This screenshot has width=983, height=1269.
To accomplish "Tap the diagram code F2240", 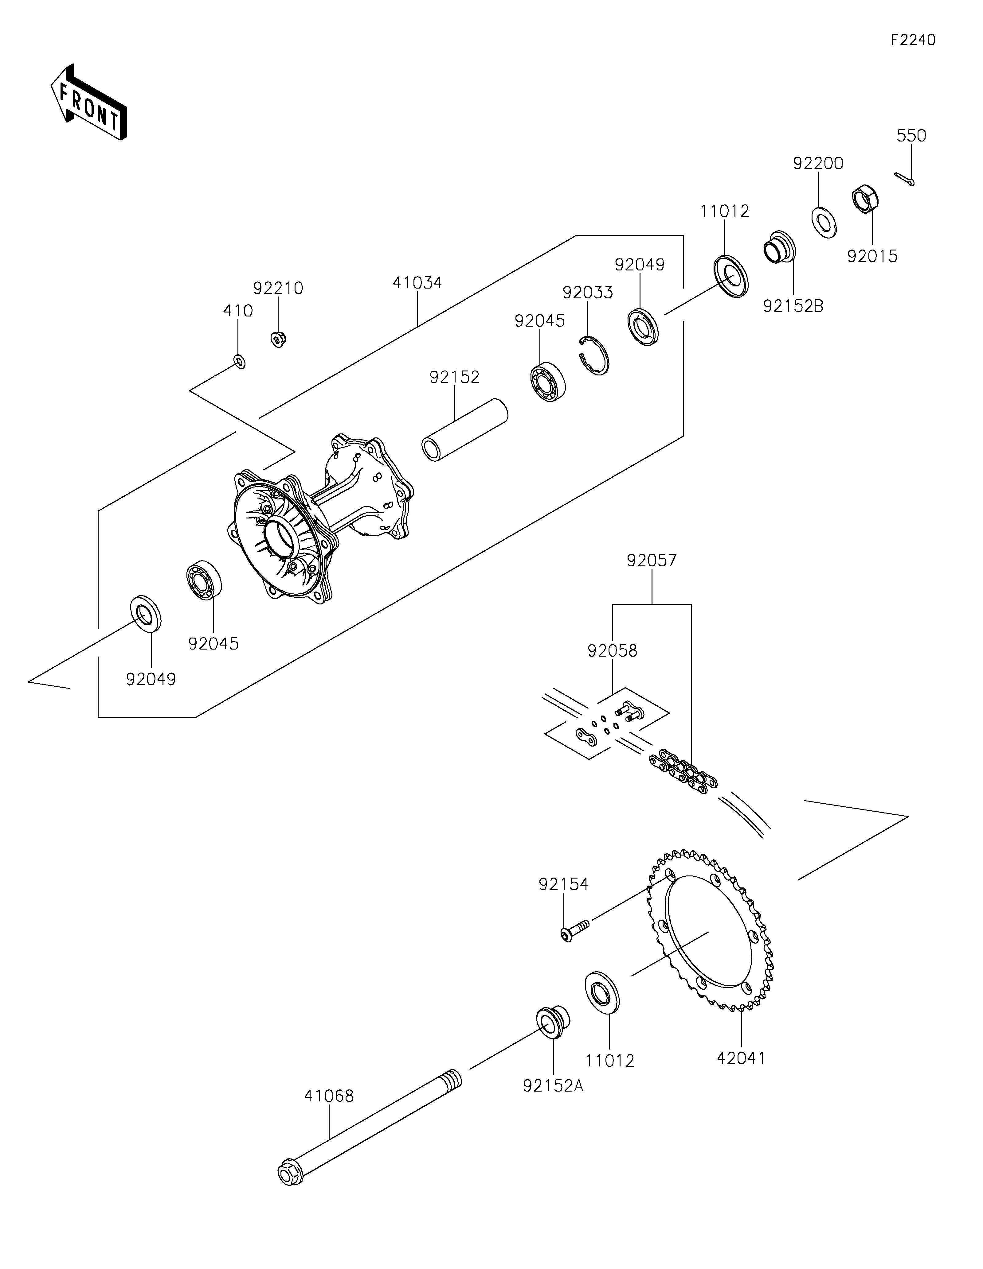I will click(x=913, y=40).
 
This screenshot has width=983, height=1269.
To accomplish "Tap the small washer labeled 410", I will click(x=239, y=361).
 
